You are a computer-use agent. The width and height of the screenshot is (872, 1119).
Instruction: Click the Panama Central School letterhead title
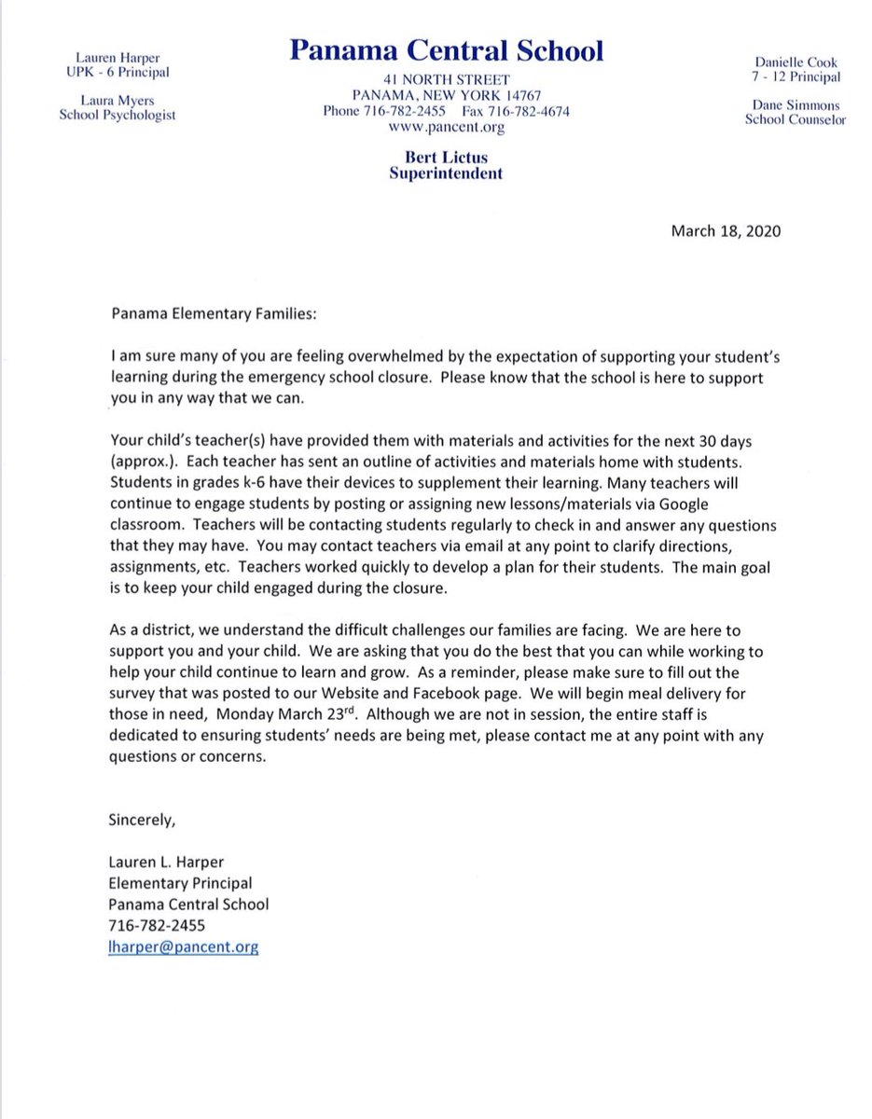click(447, 50)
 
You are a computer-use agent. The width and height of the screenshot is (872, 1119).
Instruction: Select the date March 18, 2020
click(726, 231)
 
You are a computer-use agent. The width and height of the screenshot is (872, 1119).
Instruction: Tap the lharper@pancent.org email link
click(184, 946)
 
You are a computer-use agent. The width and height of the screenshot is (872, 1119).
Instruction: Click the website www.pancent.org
click(447, 128)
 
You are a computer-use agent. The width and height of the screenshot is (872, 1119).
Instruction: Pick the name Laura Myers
click(115, 99)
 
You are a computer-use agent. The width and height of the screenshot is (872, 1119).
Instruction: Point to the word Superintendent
click(447, 173)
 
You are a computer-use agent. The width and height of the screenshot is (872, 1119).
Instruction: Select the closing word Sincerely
click(142, 822)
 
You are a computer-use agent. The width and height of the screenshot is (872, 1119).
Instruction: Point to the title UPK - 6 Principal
click(115, 73)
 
